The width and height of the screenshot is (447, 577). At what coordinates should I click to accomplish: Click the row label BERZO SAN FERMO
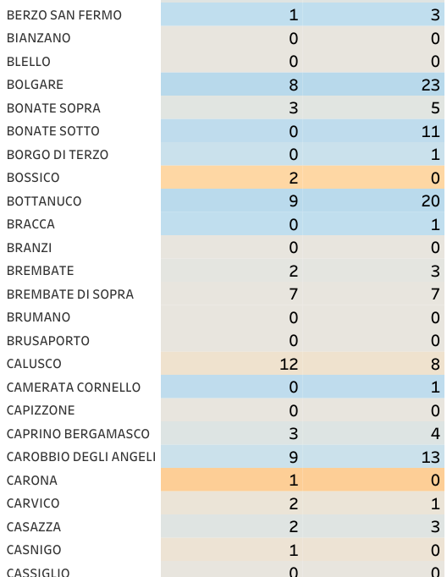tap(64, 15)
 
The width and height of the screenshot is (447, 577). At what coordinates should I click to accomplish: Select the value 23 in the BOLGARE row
tap(430, 85)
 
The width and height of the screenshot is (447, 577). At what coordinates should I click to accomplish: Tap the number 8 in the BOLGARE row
tap(294, 85)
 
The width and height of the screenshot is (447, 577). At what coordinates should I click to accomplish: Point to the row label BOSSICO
tap(33, 178)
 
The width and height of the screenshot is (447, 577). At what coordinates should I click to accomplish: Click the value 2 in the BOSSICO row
tap(294, 179)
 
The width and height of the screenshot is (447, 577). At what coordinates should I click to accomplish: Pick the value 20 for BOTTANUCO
tap(430, 201)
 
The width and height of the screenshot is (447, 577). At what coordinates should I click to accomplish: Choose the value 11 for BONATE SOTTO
tap(431, 131)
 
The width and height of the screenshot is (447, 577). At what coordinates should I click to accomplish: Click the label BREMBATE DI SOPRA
tap(70, 294)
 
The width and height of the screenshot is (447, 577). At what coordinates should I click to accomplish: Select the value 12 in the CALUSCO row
tap(289, 365)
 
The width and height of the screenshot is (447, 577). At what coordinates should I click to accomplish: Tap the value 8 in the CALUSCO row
tap(435, 365)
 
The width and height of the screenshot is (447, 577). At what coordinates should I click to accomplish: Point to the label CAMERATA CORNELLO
tap(74, 387)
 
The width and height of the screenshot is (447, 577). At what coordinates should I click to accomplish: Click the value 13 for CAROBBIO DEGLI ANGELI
tap(430, 458)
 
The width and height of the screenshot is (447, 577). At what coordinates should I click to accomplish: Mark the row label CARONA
tap(32, 481)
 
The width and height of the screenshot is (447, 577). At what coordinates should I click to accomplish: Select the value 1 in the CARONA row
tap(294, 481)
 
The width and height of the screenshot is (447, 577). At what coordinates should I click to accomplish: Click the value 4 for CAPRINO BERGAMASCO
tap(435, 434)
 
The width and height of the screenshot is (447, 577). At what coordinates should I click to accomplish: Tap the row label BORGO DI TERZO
tap(58, 155)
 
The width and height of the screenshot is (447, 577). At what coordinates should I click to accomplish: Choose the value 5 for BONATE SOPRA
tap(435, 108)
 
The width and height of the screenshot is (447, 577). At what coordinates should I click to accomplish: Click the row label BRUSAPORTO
tap(48, 341)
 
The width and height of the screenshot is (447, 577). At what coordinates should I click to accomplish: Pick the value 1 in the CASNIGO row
tap(294, 551)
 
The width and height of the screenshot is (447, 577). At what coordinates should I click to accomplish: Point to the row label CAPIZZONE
tap(41, 410)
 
